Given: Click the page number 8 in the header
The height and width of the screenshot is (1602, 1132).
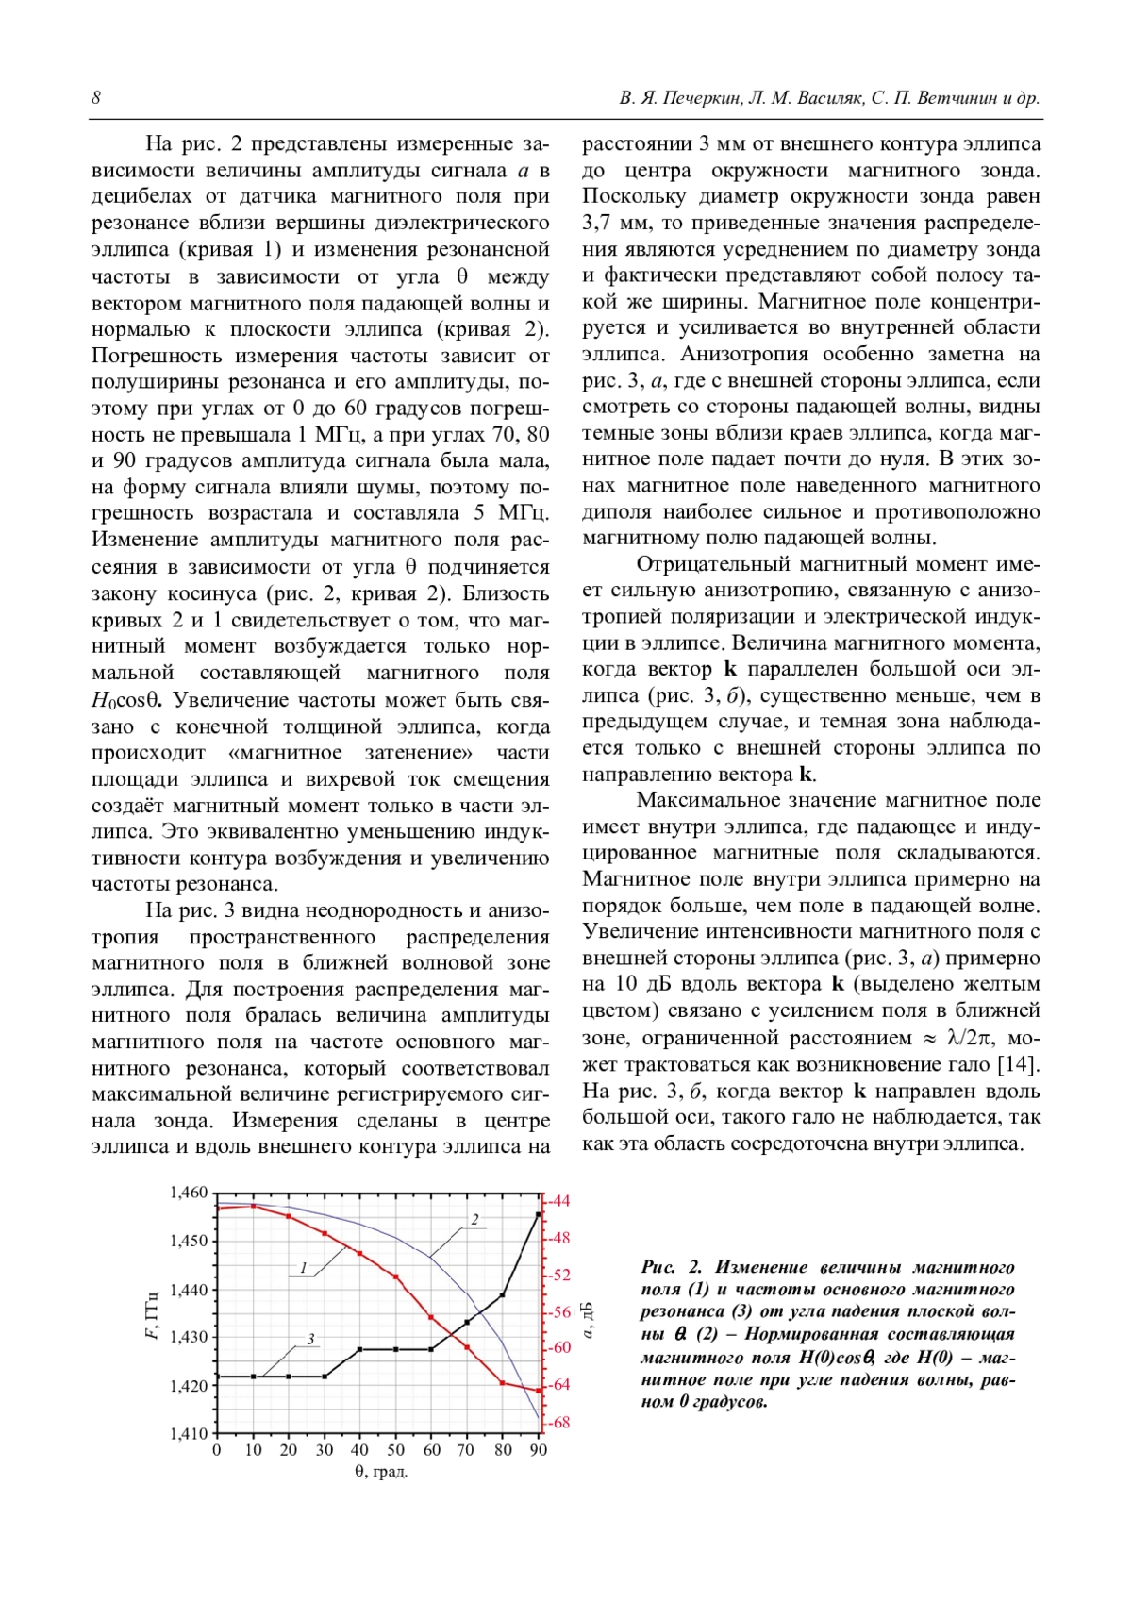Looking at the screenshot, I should pyautogui.click(x=97, y=98).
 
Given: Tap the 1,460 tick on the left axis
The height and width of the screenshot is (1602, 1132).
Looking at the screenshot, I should pyautogui.click(x=188, y=1193).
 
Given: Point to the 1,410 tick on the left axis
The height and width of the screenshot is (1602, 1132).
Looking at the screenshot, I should pyautogui.click(x=188, y=1434).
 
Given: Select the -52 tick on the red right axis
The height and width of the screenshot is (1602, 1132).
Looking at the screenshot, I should pyautogui.click(x=560, y=1275).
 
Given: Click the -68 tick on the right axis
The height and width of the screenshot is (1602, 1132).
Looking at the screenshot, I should pyautogui.click(x=560, y=1422).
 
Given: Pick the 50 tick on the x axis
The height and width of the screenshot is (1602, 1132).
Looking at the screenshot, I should pyautogui.click(x=395, y=1450).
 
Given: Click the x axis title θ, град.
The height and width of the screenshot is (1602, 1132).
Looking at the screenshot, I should pyautogui.click(x=380, y=1472).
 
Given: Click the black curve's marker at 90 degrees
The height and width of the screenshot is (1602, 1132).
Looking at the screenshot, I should pyautogui.click(x=539, y=1214).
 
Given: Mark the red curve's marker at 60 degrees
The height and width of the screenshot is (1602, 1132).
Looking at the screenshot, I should pyautogui.click(x=431, y=1317).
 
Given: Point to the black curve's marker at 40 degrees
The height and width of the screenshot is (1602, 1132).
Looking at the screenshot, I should pyautogui.click(x=359, y=1350).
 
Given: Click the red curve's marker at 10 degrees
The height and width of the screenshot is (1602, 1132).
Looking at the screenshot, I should pyautogui.click(x=253, y=1206).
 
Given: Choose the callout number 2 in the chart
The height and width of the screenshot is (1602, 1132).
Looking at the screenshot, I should pyautogui.click(x=475, y=1219).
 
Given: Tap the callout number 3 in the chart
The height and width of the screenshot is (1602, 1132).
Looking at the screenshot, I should pyautogui.click(x=309, y=1339).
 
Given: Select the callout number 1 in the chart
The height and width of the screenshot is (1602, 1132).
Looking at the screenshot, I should pyautogui.click(x=303, y=1268).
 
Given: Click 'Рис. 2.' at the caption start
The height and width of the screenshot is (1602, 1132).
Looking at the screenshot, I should pyautogui.click(x=671, y=1267).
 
